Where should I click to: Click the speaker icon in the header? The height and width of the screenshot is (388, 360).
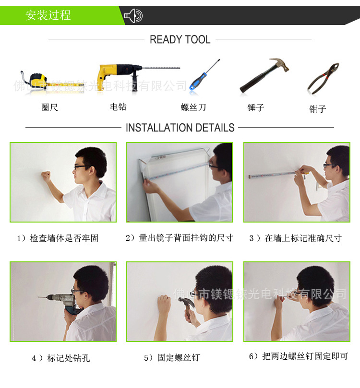pyautogui.click(x=133, y=16)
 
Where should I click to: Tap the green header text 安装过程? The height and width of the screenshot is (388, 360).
pyautogui.click(x=48, y=15)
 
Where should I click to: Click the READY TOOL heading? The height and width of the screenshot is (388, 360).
pyautogui.click(x=180, y=40)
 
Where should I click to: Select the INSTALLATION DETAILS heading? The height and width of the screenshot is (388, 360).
pyautogui.click(x=180, y=128)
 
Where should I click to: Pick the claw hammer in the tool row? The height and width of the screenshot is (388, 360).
pyautogui.click(x=264, y=75)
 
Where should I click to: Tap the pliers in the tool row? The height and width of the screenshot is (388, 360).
pyautogui.click(x=323, y=79)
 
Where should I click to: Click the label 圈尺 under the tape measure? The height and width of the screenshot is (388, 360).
pyautogui.click(x=49, y=107)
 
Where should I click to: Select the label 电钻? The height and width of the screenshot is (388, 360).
pyautogui.click(x=118, y=107)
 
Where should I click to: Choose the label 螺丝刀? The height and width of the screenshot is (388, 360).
pyautogui.click(x=193, y=107)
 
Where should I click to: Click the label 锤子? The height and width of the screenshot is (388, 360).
pyautogui.click(x=256, y=107)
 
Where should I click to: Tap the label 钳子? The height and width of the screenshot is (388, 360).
pyautogui.click(x=318, y=109)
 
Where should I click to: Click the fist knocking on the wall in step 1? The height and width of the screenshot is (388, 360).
pyautogui.click(x=46, y=176)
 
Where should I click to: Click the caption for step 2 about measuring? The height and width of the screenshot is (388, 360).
pyautogui.click(x=179, y=238)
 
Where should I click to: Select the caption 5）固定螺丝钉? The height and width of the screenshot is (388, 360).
pyautogui.click(x=172, y=358)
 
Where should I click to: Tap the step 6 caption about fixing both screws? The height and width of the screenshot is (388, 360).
pyautogui.click(x=299, y=356)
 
